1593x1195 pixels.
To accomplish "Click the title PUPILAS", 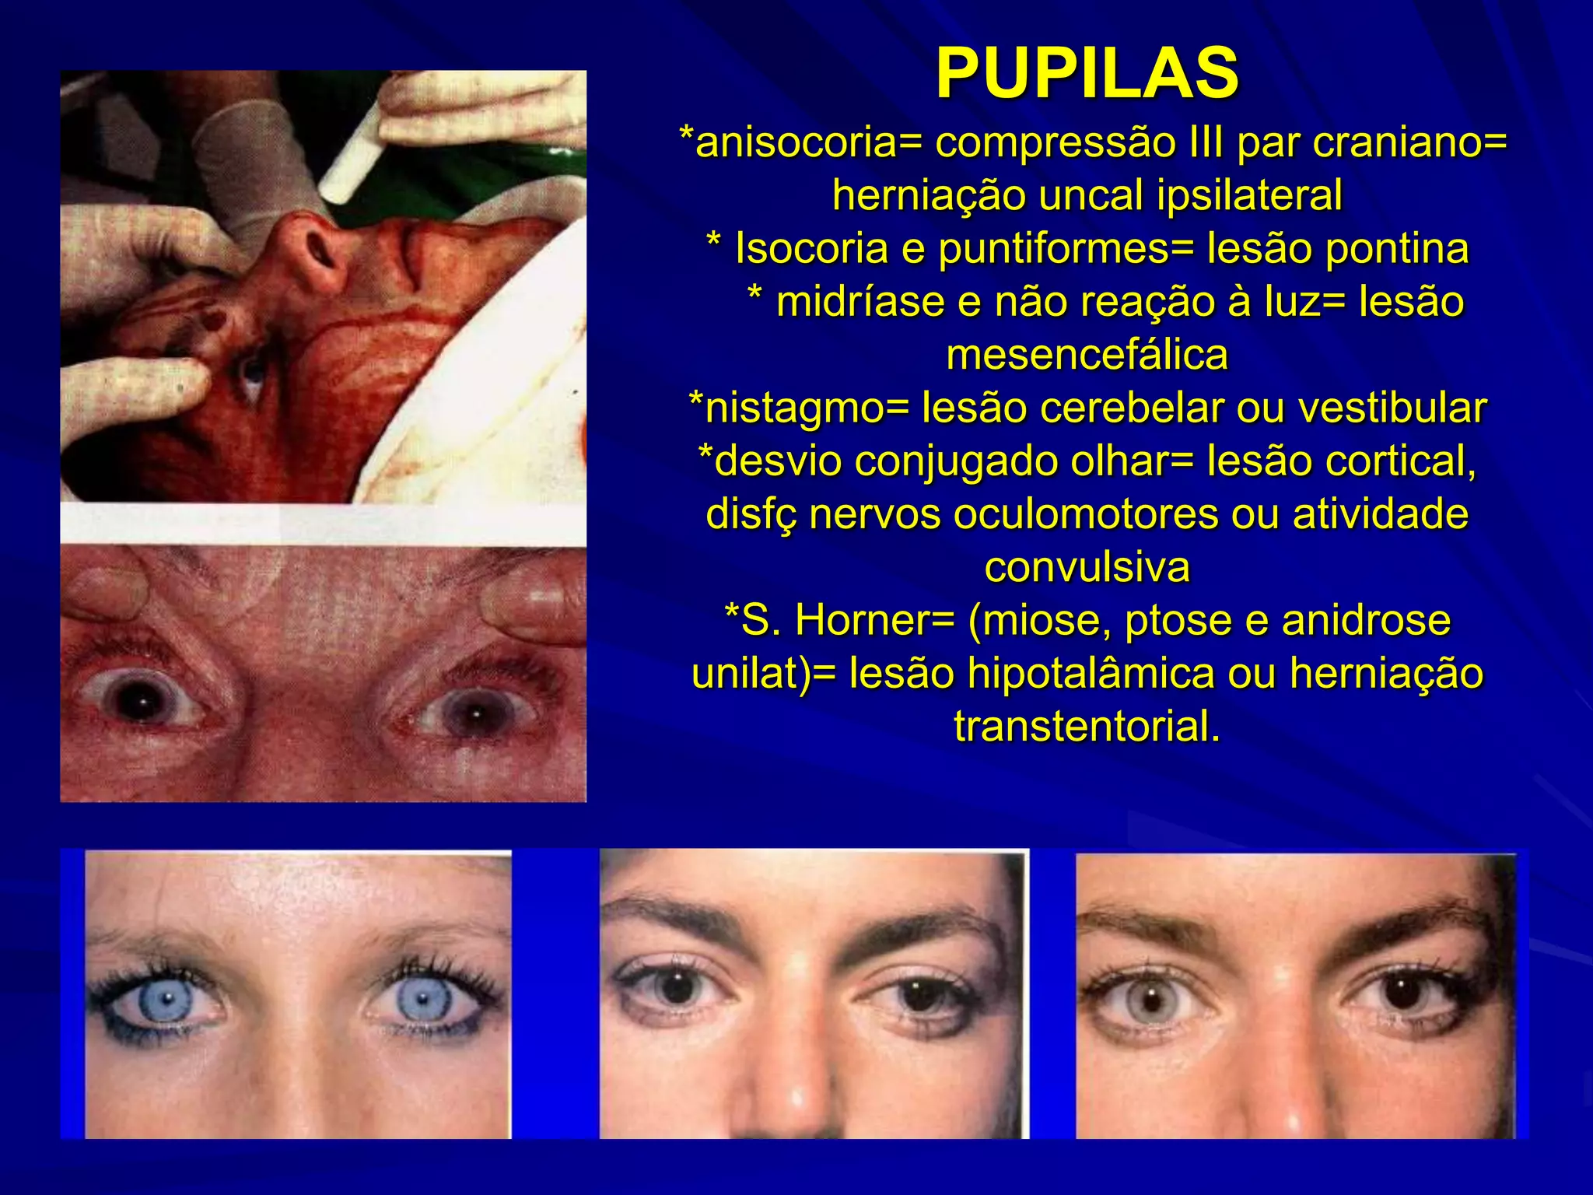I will pyautogui.click(x=1087, y=73).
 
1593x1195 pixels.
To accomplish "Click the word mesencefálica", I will pyautogui.click(x=1087, y=355).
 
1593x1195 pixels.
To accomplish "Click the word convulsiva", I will pyautogui.click(x=1087, y=567).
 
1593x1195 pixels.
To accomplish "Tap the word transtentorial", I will pyautogui.click(x=1087, y=727).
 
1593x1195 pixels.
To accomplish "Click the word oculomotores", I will pyautogui.click(x=1086, y=514).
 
